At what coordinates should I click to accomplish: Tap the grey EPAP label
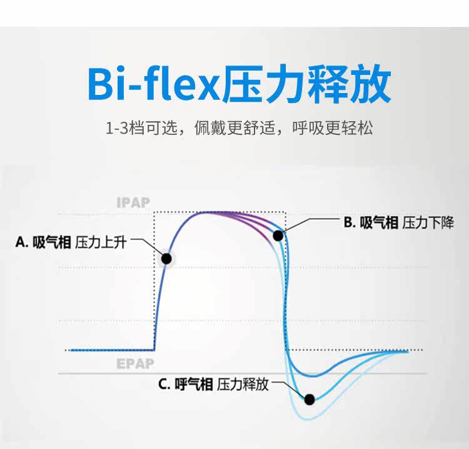coord(134,364)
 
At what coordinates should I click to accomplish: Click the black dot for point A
coord(166,258)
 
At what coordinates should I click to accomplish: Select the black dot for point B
coord(278,235)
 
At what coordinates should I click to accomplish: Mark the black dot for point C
coord(309,398)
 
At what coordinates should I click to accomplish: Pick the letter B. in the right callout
coord(349,222)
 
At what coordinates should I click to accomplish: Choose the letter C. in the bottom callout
coord(164,384)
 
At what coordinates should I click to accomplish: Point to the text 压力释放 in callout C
coord(243,384)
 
